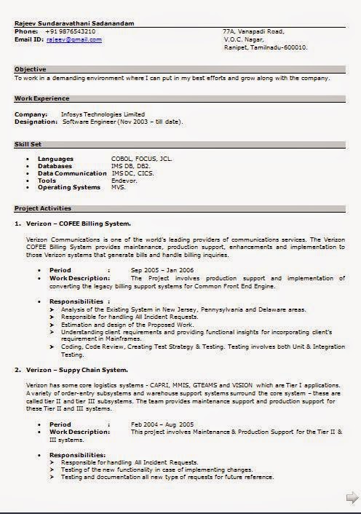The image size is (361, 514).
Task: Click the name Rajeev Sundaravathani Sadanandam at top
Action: point(74,23)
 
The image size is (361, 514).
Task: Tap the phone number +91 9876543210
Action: point(69,31)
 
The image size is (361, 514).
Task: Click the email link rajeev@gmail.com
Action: point(74,39)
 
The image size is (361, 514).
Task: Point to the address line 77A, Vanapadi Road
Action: point(253,31)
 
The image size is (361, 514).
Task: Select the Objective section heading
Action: point(31,68)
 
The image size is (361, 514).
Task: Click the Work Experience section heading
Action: point(42,98)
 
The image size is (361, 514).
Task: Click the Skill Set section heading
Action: point(28,144)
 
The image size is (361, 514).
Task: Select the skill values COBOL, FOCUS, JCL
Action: point(141,158)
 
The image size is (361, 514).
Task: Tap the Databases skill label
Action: point(55,166)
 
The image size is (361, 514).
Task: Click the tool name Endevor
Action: point(124,181)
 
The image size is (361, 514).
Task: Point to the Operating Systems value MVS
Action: point(119,188)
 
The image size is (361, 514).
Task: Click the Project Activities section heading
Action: point(43,208)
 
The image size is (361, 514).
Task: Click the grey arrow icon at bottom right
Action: point(352,498)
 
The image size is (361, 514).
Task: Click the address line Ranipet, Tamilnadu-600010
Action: point(266,47)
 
